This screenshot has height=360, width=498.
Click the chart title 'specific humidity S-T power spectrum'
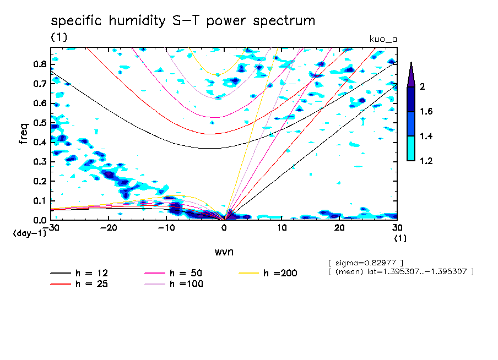[183, 21]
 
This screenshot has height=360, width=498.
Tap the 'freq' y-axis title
[24, 134]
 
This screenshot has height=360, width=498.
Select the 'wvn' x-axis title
[224, 252]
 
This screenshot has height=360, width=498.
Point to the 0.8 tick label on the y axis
[40, 64]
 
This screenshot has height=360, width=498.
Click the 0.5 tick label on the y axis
[40, 123]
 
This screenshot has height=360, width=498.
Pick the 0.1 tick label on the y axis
[40, 201]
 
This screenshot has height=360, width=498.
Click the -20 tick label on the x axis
[109, 228]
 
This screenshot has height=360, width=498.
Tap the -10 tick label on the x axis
[166, 228]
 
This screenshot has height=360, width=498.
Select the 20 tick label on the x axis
[339, 228]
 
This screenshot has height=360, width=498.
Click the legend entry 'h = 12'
[79, 273]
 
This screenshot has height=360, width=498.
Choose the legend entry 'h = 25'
[79, 283]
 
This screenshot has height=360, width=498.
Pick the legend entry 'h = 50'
[174, 273]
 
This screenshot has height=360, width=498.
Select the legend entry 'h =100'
[174, 283]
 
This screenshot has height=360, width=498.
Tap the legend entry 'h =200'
[268, 273]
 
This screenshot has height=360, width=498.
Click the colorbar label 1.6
[426, 111]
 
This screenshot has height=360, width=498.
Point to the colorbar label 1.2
[426, 161]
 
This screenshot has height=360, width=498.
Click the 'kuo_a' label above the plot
[383, 40]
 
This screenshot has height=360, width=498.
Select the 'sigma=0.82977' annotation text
[366, 263]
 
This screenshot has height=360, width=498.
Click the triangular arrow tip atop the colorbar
[411, 63]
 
